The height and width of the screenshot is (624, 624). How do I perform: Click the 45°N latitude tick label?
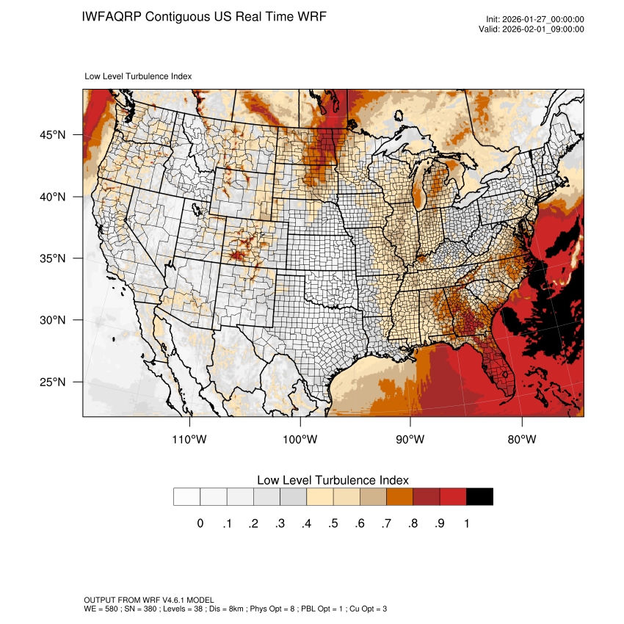tap(52, 135)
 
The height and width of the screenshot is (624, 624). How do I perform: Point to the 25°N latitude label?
tap(52, 382)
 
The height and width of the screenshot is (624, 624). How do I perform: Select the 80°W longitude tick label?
tap(522, 440)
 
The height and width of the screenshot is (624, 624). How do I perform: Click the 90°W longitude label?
tap(411, 440)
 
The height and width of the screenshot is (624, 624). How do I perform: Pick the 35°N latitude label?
tap(52, 258)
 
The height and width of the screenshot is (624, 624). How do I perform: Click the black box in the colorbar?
tap(479, 497)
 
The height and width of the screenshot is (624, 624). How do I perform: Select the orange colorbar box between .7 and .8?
tap(399, 497)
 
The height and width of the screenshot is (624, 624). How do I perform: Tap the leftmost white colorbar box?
tap(186, 497)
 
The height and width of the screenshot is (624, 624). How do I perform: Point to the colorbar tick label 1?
tap(466, 523)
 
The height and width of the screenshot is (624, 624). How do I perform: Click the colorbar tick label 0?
tap(200, 523)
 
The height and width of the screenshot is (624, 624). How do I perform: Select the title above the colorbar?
tap(333, 480)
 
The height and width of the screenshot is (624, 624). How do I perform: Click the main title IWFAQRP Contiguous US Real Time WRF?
tap(204, 16)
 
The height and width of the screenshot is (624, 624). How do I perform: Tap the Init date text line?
tap(535, 19)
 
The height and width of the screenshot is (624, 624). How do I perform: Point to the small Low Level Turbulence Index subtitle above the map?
tap(139, 76)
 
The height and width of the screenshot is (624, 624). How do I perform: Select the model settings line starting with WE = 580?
tap(236, 609)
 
